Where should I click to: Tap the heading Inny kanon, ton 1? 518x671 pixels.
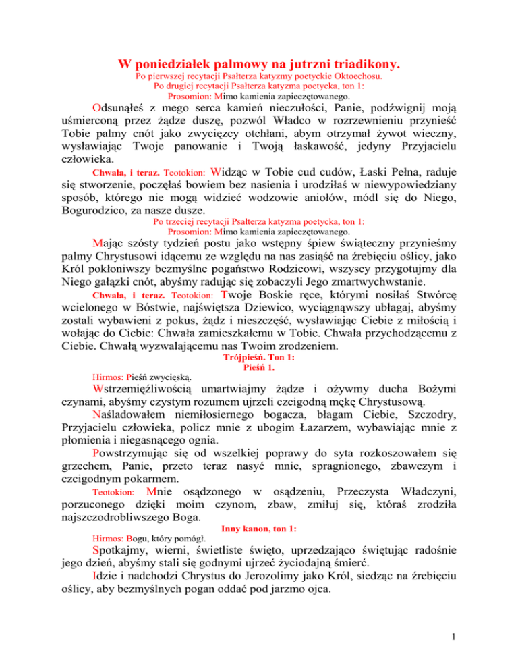(x=259, y=511)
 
